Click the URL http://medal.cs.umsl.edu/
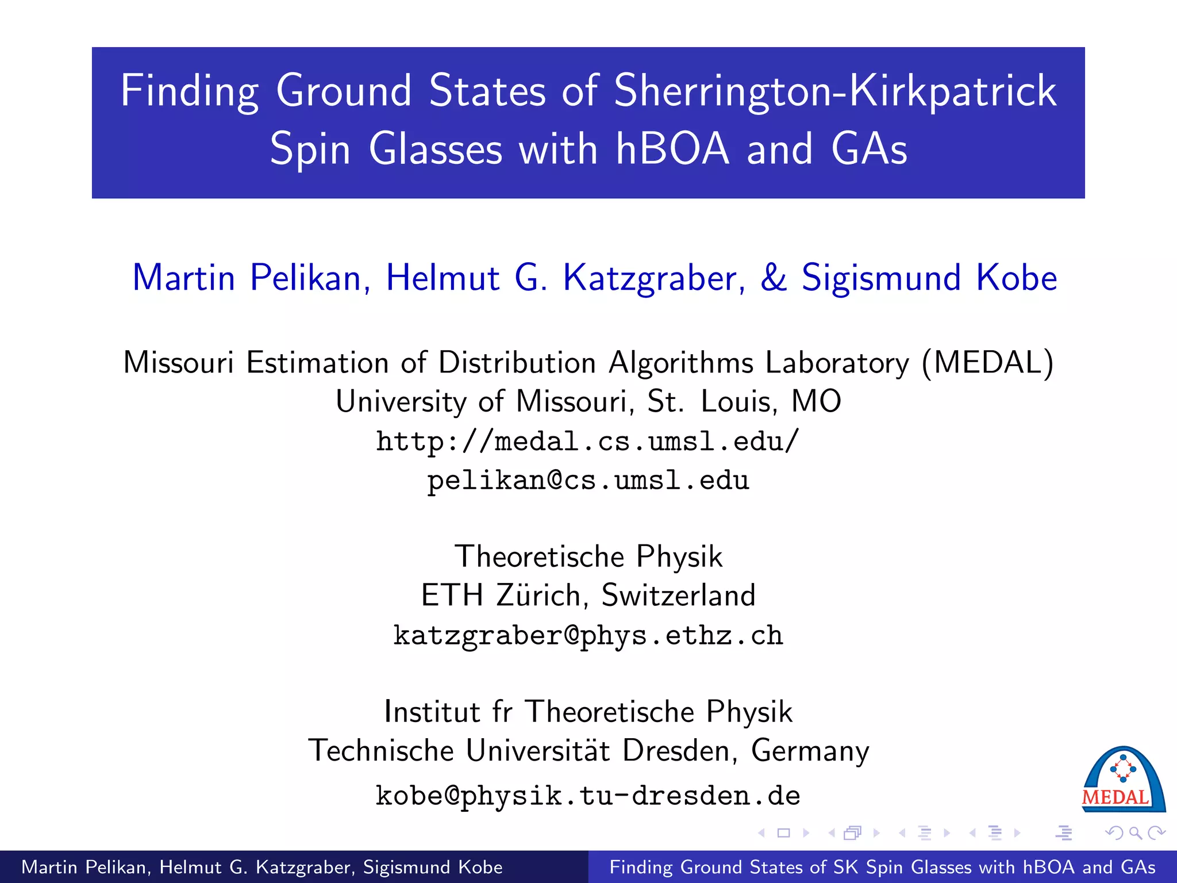(x=588, y=441)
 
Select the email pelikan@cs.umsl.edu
(x=588, y=480)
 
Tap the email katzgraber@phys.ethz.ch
(x=588, y=636)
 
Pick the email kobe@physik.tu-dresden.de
(x=588, y=796)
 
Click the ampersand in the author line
(x=773, y=278)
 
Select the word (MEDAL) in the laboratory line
(x=988, y=363)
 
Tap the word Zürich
(x=538, y=595)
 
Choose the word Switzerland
(x=678, y=595)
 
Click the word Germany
(x=810, y=751)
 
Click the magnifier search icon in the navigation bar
(x=1135, y=833)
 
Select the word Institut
(x=431, y=712)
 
